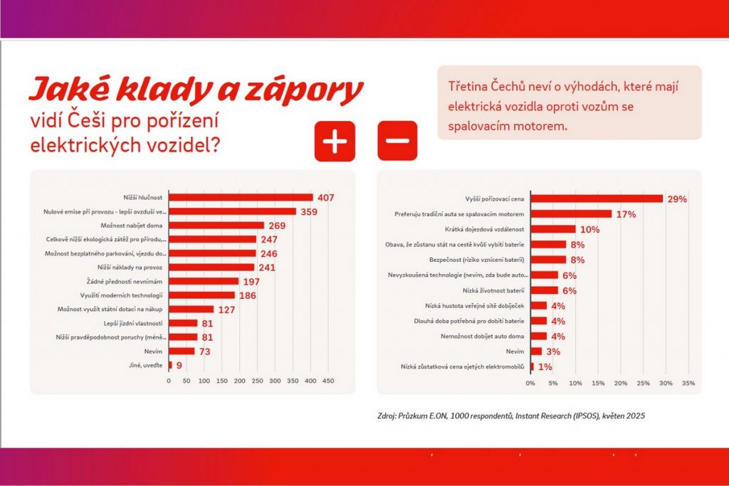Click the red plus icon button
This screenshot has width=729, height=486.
(335, 141)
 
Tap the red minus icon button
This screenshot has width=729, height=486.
(397, 141)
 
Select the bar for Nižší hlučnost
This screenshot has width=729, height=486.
(241, 197)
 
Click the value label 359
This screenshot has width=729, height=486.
(311, 211)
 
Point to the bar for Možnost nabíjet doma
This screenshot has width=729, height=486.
(216, 225)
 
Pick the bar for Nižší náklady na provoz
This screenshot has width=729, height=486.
(211, 267)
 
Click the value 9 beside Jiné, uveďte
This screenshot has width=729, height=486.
(179, 365)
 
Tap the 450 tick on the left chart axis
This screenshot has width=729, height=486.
(328, 381)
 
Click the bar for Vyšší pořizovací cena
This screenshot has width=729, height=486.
(597, 199)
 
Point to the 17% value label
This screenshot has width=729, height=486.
(625, 214)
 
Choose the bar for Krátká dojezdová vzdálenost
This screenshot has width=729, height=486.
(553, 229)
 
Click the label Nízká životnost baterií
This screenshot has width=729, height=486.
(493, 290)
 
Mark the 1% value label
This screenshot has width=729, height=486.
(545, 366)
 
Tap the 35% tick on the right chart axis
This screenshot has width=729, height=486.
(688, 384)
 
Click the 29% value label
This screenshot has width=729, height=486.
(677, 199)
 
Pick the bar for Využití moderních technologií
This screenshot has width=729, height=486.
(201, 295)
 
